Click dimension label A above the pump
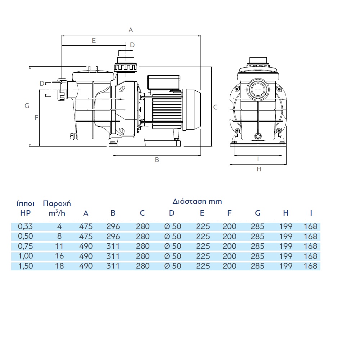(131, 30)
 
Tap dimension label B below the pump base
(157, 160)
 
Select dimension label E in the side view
(94, 41)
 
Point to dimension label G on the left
(27, 106)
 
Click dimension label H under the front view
(259, 169)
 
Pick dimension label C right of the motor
(215, 107)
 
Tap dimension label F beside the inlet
(36, 118)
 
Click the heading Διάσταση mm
(197, 201)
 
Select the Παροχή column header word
(57, 204)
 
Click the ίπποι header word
(26, 203)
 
